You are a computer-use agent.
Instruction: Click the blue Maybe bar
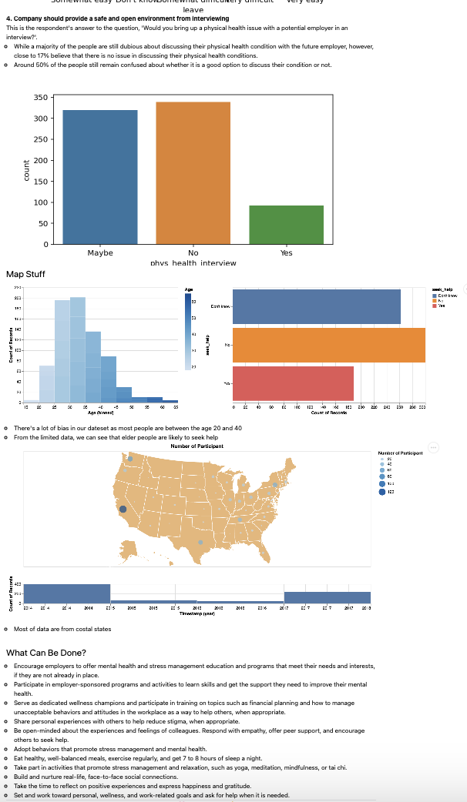coord(100,176)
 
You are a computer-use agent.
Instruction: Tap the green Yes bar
coord(286,224)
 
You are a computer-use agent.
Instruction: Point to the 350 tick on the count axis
coord(42,98)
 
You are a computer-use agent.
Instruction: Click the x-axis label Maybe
coord(100,253)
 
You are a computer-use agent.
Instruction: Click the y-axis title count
coord(26,171)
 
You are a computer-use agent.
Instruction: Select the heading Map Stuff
coord(25,274)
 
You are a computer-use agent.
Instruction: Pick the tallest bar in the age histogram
coord(78,346)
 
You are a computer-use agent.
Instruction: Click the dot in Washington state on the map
coord(130,459)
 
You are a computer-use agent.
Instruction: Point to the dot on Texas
coord(201,543)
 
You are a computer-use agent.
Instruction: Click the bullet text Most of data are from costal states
coord(62,629)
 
